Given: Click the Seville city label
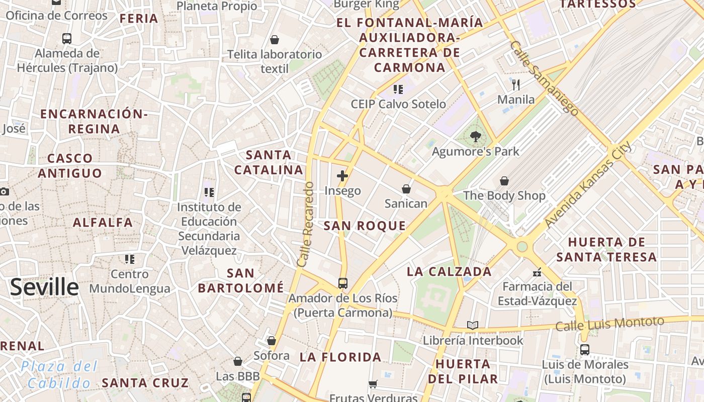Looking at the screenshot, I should pyautogui.click(x=44, y=287).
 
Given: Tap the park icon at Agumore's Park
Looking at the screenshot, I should pyautogui.click(x=475, y=136).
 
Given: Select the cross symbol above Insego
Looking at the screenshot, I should pyautogui.click(x=342, y=176).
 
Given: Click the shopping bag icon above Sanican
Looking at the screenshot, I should pyautogui.click(x=406, y=189).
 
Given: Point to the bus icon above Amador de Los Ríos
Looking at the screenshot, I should pyautogui.click(x=343, y=283).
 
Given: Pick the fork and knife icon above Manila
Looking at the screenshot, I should pyautogui.click(x=516, y=84).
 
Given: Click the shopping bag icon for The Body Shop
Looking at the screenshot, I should pyautogui.click(x=504, y=181).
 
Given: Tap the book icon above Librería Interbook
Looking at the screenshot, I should pyautogui.click(x=472, y=326).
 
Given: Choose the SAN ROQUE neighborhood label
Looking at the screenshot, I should pyautogui.click(x=365, y=226).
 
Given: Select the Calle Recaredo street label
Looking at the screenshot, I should pyautogui.click(x=305, y=224).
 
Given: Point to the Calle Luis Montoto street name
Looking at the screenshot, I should pyautogui.click(x=609, y=323).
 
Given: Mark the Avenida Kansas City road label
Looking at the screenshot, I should pyautogui.click(x=588, y=184).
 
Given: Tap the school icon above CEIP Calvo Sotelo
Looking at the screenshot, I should pyautogui.click(x=398, y=89).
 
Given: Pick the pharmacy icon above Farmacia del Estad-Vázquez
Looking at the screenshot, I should pyautogui.click(x=537, y=272).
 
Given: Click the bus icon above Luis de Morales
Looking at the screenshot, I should pyautogui.click(x=585, y=350).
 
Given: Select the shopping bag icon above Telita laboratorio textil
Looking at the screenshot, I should pyautogui.click(x=275, y=40).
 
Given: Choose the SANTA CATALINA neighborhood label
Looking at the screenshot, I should pyautogui.click(x=269, y=162).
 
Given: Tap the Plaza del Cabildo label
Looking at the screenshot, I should pyautogui.click(x=59, y=375).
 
